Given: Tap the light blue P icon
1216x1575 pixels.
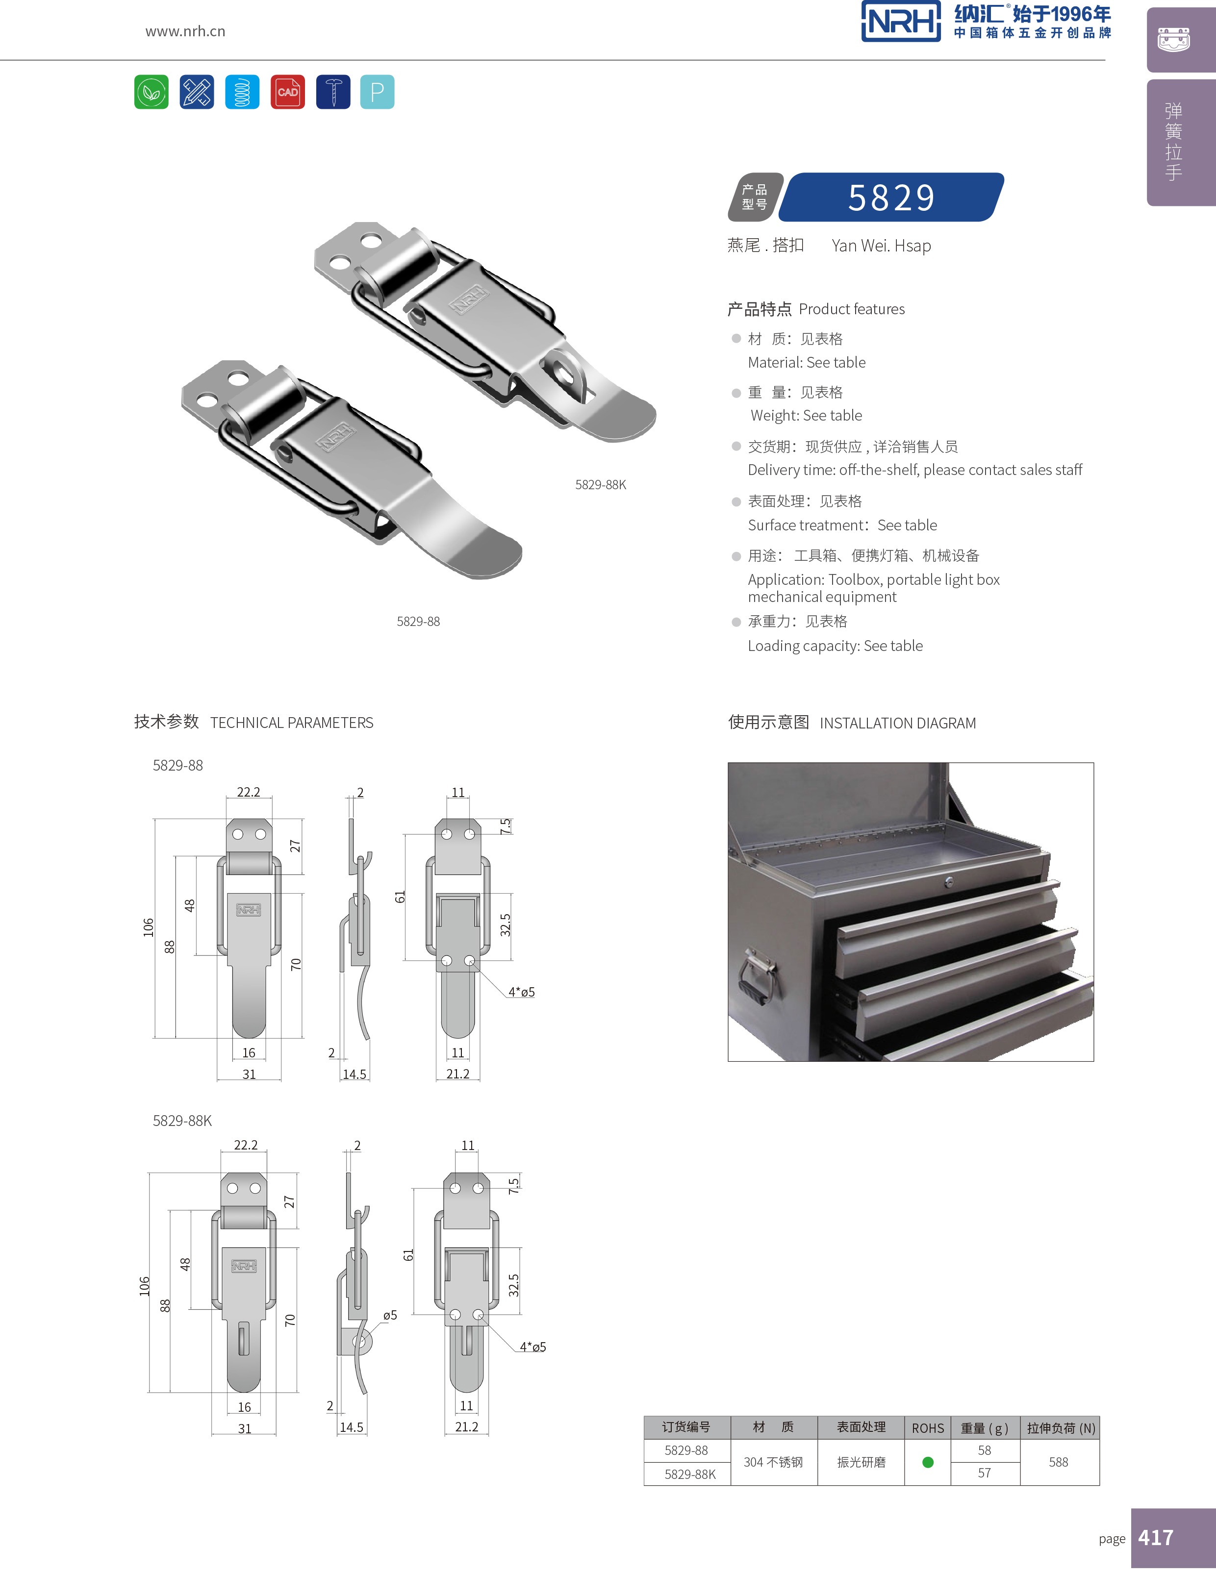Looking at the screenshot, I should [377, 92].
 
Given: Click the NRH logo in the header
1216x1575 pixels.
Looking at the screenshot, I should [901, 22].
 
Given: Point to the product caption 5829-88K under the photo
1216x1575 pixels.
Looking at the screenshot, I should [600, 485].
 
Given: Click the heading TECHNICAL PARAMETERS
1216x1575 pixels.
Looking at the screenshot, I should [291, 723].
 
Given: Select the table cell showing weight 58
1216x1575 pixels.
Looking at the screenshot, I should [985, 1450].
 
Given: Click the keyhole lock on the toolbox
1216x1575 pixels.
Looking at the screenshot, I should [949, 881].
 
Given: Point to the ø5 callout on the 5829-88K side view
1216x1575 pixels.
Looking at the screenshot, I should [389, 1315].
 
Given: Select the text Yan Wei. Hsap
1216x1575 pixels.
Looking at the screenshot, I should [881, 246].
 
